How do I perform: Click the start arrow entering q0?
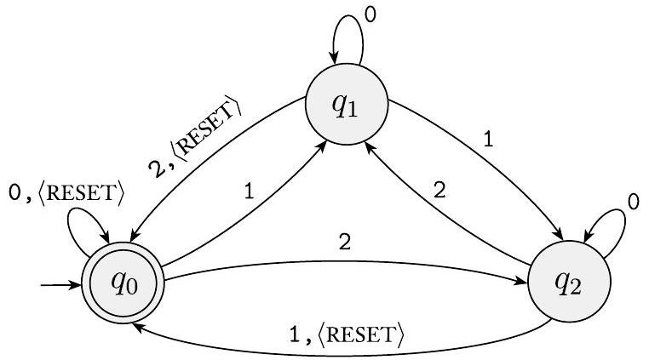coord(60,286)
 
